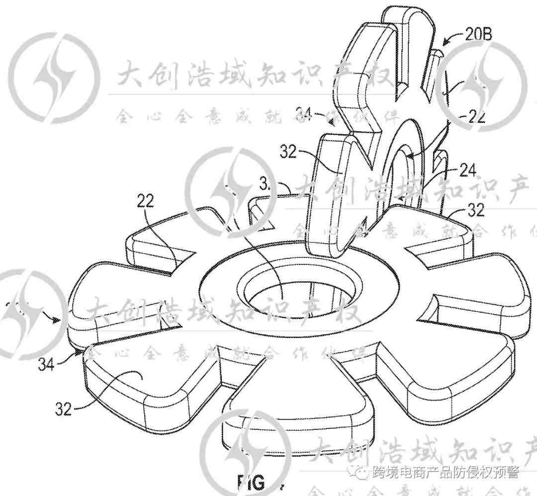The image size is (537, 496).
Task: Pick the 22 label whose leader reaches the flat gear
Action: [146, 201]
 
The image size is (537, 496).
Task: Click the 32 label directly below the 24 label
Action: [476, 211]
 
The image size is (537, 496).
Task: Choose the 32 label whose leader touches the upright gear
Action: [289, 152]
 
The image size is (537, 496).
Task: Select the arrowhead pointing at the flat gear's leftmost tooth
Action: [59, 320]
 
